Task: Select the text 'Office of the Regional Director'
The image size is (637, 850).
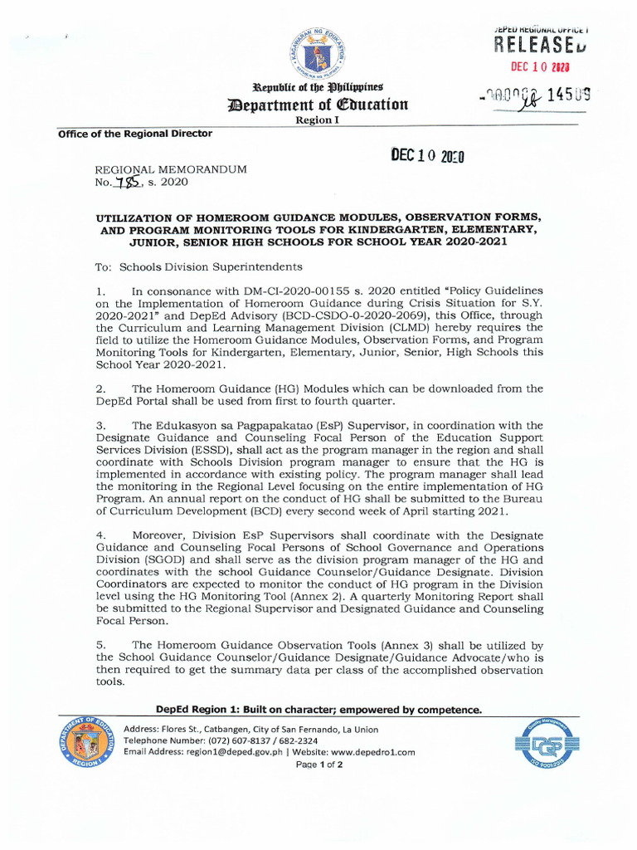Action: click(134, 134)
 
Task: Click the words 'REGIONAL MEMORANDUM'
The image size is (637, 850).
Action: click(172, 169)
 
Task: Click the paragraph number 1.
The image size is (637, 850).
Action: click(100, 291)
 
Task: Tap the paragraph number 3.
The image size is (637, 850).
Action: click(100, 425)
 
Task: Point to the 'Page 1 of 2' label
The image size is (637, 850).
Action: click(319, 765)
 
